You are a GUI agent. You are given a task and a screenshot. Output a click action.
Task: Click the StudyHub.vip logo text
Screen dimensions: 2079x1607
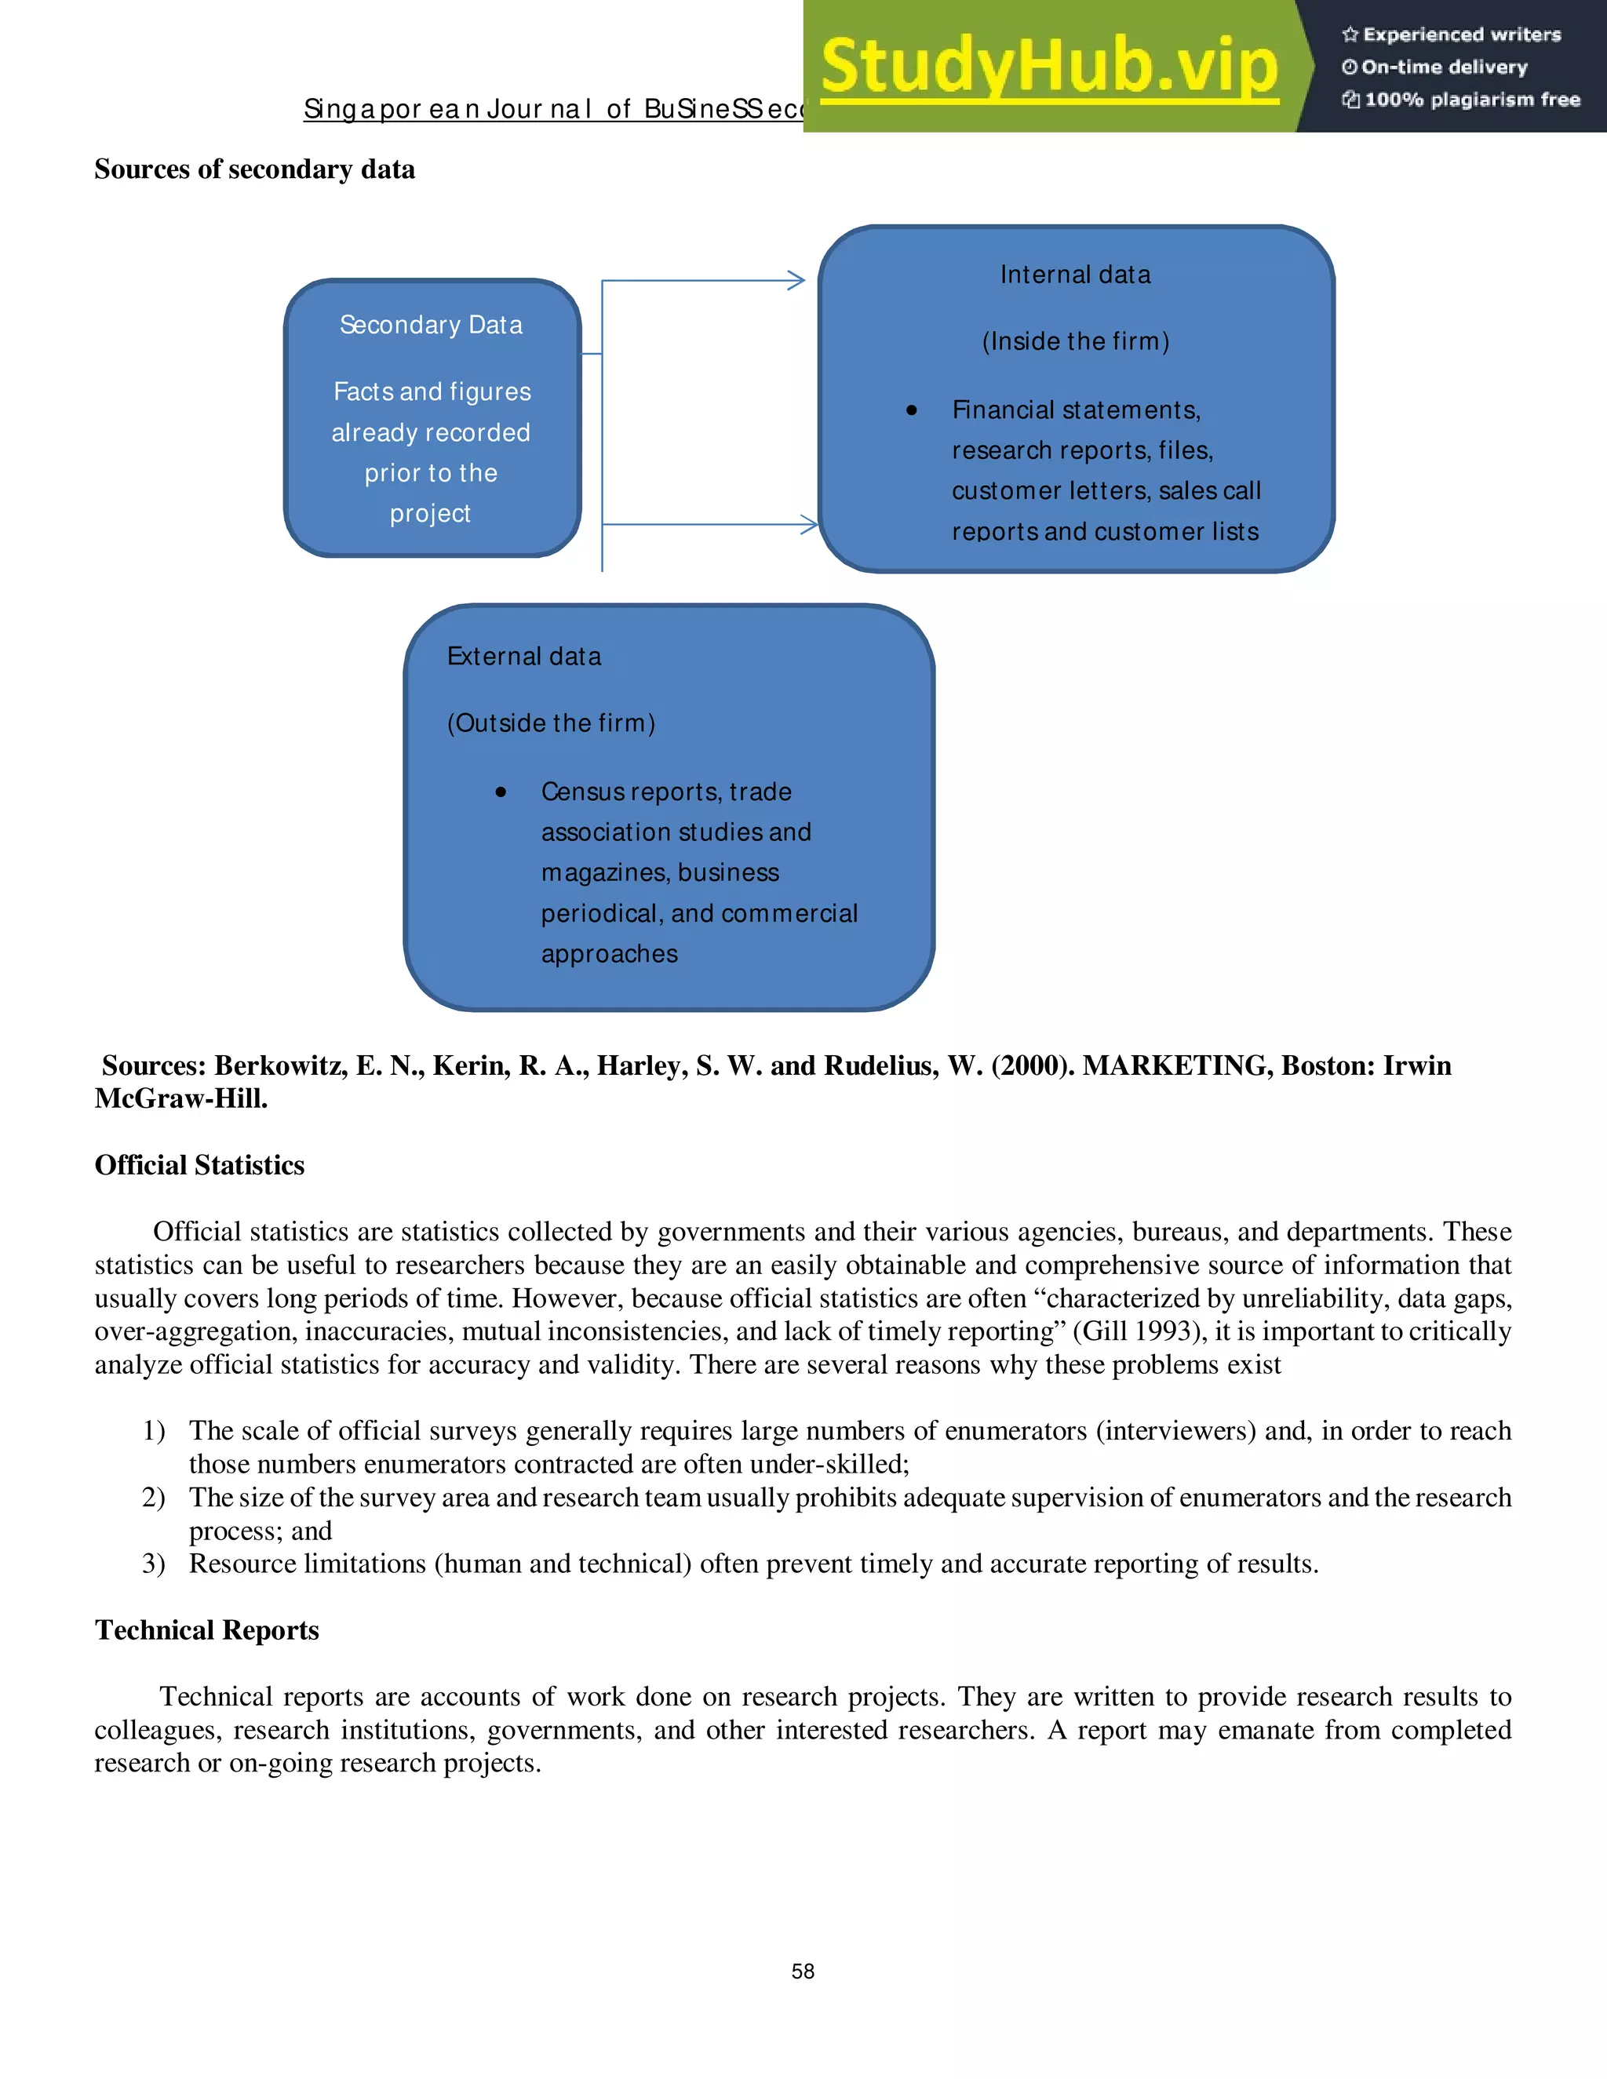(1048, 67)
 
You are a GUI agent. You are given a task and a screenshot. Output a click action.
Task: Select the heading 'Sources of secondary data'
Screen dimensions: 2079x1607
(254, 169)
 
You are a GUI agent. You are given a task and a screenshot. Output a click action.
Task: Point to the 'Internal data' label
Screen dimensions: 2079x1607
(1075, 275)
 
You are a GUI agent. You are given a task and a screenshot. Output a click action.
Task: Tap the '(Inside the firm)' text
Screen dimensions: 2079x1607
(1075, 342)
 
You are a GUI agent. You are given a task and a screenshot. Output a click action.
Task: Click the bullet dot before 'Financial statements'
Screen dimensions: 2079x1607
(911, 410)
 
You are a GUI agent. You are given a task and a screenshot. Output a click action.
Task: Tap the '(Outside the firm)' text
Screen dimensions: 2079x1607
(550, 723)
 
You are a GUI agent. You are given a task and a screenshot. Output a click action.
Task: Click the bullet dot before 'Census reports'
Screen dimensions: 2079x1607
(501, 792)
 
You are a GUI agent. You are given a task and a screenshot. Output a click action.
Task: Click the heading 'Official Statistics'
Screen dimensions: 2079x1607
(199, 1165)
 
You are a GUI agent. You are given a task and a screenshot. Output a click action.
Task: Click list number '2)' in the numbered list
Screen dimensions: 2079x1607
(153, 1498)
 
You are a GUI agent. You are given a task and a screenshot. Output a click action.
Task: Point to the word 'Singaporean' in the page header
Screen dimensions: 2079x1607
(390, 110)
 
